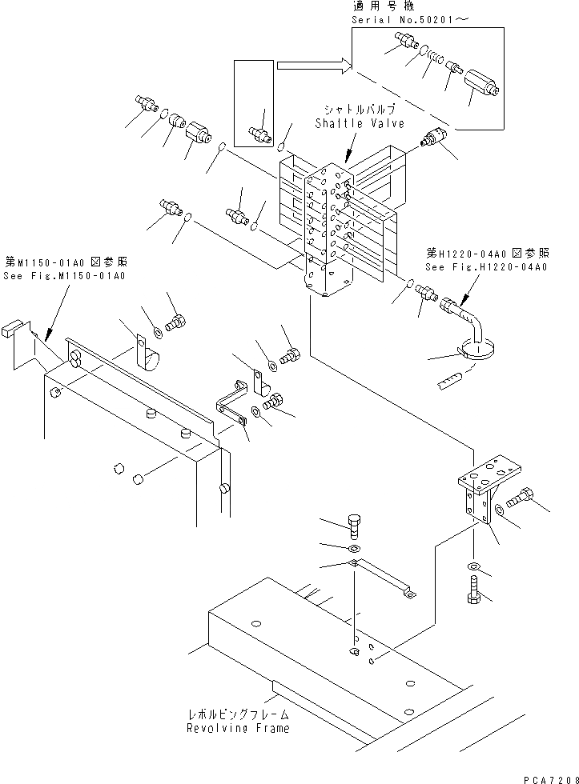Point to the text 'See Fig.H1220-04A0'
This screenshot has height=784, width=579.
coord(486,267)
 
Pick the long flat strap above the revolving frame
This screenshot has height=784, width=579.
coord(384,578)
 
